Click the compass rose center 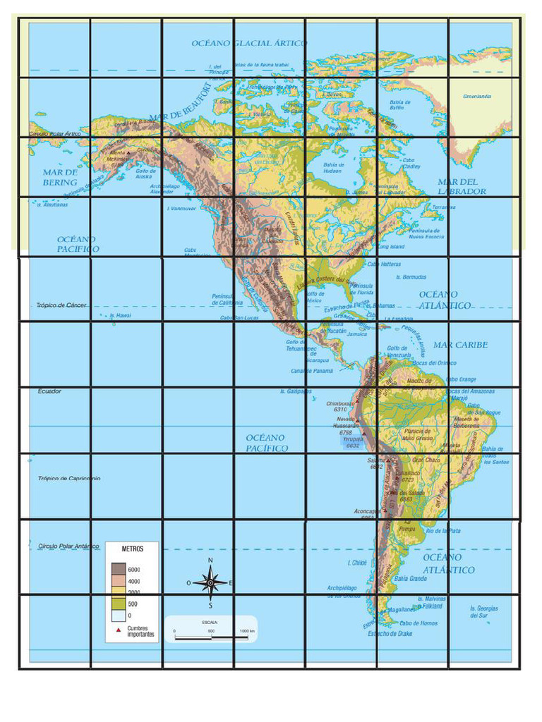(x=210, y=583)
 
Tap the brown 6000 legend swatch (x=117, y=568)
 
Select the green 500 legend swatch (x=117, y=604)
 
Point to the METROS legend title (x=132, y=549)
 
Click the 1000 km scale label (x=246, y=630)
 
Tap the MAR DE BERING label (x=60, y=177)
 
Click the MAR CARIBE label (x=460, y=345)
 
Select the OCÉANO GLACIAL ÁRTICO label (x=249, y=44)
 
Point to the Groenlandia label (x=477, y=97)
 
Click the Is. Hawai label (x=121, y=316)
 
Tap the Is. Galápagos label (x=296, y=391)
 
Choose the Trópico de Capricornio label (x=69, y=478)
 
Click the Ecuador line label (x=49, y=391)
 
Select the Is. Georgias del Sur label (x=484, y=611)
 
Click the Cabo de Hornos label (x=418, y=623)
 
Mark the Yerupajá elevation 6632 (x=353, y=446)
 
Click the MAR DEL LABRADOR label (x=462, y=187)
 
